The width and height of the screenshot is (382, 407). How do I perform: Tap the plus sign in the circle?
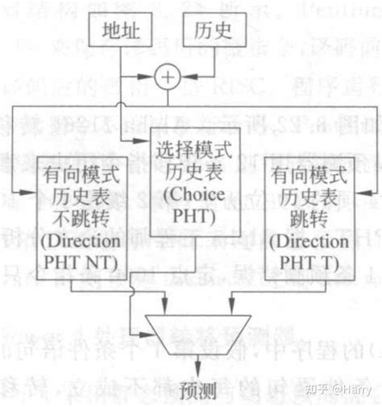click(166, 78)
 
